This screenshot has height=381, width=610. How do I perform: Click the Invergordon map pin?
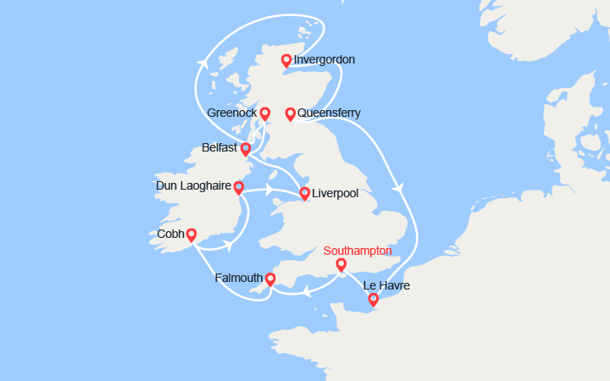coord(286,60)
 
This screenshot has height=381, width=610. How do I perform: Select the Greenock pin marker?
coord(265,113)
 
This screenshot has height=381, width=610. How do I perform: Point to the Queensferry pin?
coord(290,113)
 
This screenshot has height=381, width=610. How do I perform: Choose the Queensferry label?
coord(329,113)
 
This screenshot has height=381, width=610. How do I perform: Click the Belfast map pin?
coord(246,149)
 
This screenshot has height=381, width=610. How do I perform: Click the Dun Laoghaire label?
coord(194,185)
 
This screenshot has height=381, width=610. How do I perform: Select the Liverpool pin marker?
coord(304,193)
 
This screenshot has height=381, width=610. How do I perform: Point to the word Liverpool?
coord(335,194)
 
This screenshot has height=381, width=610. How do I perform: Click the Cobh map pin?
coord(191,235)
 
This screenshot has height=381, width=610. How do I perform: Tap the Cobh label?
coord(171,234)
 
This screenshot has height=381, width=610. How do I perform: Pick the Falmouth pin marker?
coord(270,279)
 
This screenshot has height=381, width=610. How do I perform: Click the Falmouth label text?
coord(238,278)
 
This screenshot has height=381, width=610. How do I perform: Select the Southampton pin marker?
coord(341,265)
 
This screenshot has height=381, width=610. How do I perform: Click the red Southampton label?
coord(358,251)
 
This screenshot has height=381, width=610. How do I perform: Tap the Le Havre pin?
coord(373,299)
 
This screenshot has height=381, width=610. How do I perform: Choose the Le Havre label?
coord(386,286)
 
